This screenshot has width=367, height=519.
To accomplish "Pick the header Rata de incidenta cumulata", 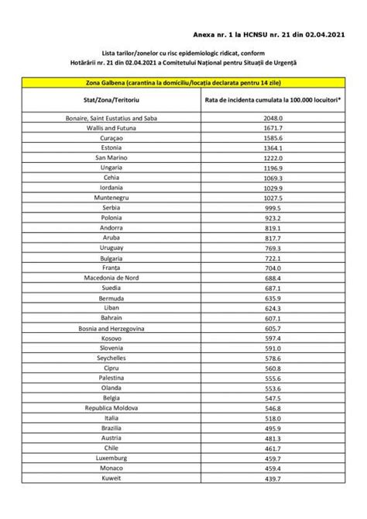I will (264, 99).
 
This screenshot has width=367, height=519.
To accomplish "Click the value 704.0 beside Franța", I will (264, 267).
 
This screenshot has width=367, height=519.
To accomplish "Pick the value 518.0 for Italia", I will (264, 417).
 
